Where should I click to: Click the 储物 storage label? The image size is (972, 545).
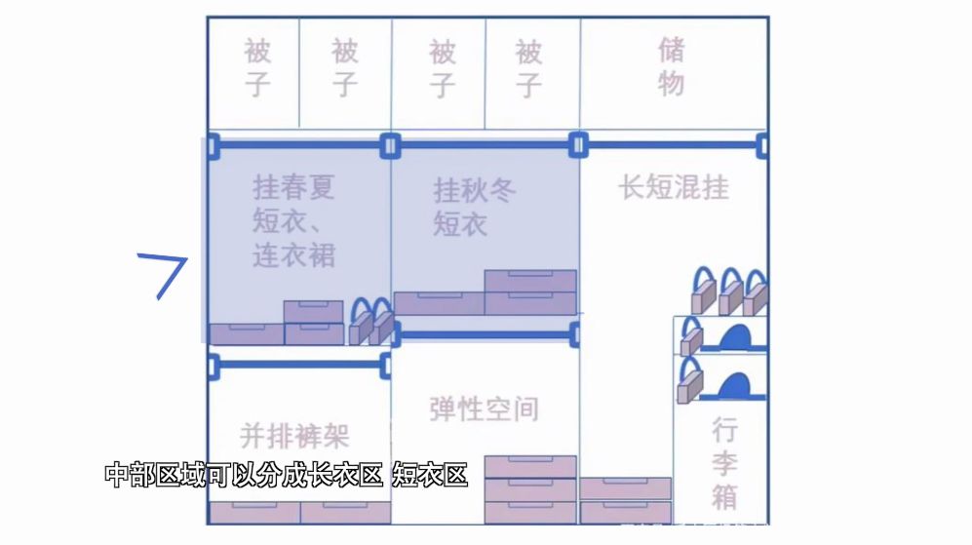(672, 67)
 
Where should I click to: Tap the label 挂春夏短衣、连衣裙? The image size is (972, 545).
(293, 221)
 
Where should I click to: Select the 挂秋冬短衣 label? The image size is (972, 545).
(474, 207)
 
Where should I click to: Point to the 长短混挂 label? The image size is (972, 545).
(674, 187)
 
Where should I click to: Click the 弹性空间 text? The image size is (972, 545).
(485, 409)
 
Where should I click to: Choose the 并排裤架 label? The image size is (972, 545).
(295, 436)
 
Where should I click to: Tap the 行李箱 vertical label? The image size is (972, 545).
(724, 463)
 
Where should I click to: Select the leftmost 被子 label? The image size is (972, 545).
(257, 67)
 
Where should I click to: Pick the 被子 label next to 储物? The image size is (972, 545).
(528, 67)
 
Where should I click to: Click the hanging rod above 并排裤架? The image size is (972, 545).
(299, 365)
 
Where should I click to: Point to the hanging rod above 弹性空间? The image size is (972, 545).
(486, 335)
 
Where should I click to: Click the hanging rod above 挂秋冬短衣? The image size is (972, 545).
(485, 145)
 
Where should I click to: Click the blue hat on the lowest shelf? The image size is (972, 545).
(735, 386)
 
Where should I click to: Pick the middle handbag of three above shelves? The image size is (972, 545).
(730, 292)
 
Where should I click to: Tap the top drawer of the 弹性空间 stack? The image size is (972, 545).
(530, 467)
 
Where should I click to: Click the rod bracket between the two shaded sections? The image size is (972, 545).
(390, 146)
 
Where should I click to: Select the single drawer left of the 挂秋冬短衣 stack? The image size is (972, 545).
(439, 303)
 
